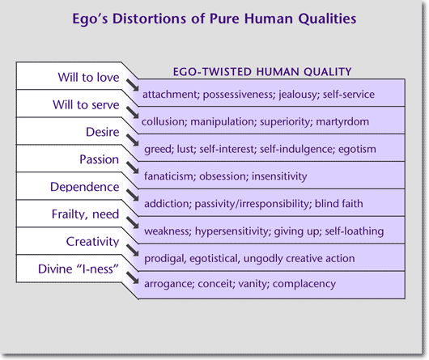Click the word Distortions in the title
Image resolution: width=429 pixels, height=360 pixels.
[150, 19]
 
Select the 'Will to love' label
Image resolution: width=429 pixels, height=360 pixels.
[89, 78]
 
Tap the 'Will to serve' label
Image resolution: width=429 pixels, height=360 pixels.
[86, 105]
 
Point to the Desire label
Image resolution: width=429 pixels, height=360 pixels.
[103, 132]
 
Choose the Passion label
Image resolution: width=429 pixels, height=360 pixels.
[99, 159]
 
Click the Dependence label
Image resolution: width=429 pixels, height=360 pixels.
[85, 187]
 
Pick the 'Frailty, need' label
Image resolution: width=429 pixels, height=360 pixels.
[85, 214]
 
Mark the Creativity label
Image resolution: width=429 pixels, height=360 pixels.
[93, 242]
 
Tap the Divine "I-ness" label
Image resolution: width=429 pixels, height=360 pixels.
[79, 269]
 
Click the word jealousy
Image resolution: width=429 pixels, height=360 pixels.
[299, 95]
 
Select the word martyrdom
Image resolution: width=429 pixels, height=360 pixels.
[342, 121]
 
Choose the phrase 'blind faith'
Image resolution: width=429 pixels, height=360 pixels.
[339, 204]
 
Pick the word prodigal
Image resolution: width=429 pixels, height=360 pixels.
[165, 259]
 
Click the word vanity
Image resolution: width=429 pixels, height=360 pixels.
[254, 284]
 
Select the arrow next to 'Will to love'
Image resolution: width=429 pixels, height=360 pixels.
[133, 85]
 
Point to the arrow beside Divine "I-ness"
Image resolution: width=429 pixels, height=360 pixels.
[133, 277]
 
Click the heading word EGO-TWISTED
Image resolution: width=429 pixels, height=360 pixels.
[212, 72]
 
